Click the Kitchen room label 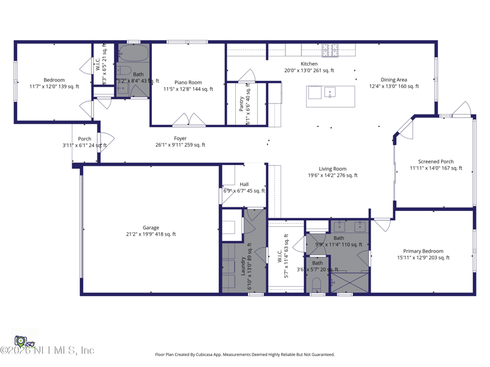click(309, 64)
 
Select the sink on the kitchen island click(330, 93)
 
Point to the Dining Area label click(393, 80)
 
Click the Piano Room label click(187, 82)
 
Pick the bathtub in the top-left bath click(133, 53)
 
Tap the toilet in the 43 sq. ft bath click(123, 70)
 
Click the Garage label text click(151, 228)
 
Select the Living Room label click(332, 169)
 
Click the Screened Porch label click(435, 161)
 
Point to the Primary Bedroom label click(423, 251)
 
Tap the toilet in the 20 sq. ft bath click(317, 284)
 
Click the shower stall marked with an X click(349, 282)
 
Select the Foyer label click(179, 138)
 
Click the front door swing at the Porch click(105, 140)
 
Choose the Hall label click(244, 184)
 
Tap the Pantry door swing click(247, 76)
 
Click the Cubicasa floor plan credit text click(244, 354)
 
